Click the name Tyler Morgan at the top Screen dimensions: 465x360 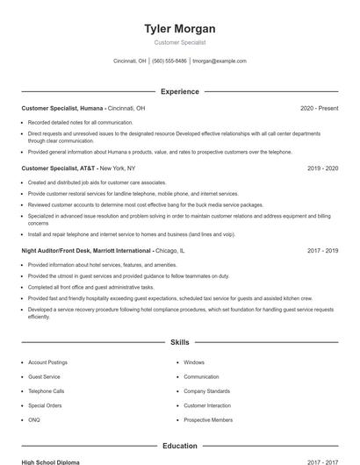[x=179, y=29]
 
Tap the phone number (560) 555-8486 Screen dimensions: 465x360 [x=169, y=61]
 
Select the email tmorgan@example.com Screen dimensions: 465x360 [x=220, y=61]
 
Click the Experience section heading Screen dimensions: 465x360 [x=179, y=91]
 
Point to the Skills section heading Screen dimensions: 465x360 [x=179, y=341]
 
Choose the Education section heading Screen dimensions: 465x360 [x=179, y=446]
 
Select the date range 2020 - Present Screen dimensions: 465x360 [x=319, y=108]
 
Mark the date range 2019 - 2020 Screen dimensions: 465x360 [x=322, y=168]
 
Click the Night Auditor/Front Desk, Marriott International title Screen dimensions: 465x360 [x=87, y=250]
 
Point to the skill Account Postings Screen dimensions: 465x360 [x=47, y=362]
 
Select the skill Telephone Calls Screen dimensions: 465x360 [x=46, y=391]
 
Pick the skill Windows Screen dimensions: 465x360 [x=194, y=362]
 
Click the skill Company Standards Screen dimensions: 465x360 [x=206, y=391]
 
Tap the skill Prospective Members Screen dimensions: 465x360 [x=208, y=420]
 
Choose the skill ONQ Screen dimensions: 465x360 [x=34, y=420]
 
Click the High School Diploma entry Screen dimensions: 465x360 [x=52, y=461]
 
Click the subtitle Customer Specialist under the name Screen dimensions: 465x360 [x=179, y=42]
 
